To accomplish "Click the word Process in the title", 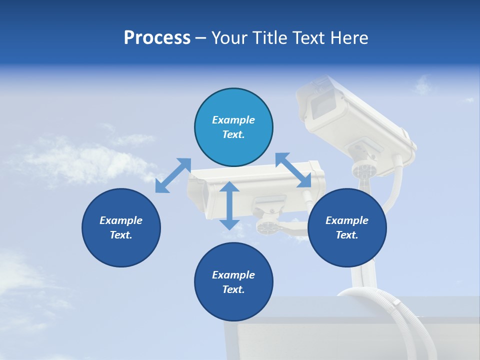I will (157, 38).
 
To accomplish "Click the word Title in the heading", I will (270, 38).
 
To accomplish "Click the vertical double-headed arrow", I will (229, 205).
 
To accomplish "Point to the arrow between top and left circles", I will (173, 175).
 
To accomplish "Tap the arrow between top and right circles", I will (293, 170).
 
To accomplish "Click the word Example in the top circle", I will (233, 120).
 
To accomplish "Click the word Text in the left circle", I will (121, 235).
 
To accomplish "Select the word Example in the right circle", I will (347, 220).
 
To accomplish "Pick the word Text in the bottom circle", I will (233, 289).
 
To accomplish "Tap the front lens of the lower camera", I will (199, 192).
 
